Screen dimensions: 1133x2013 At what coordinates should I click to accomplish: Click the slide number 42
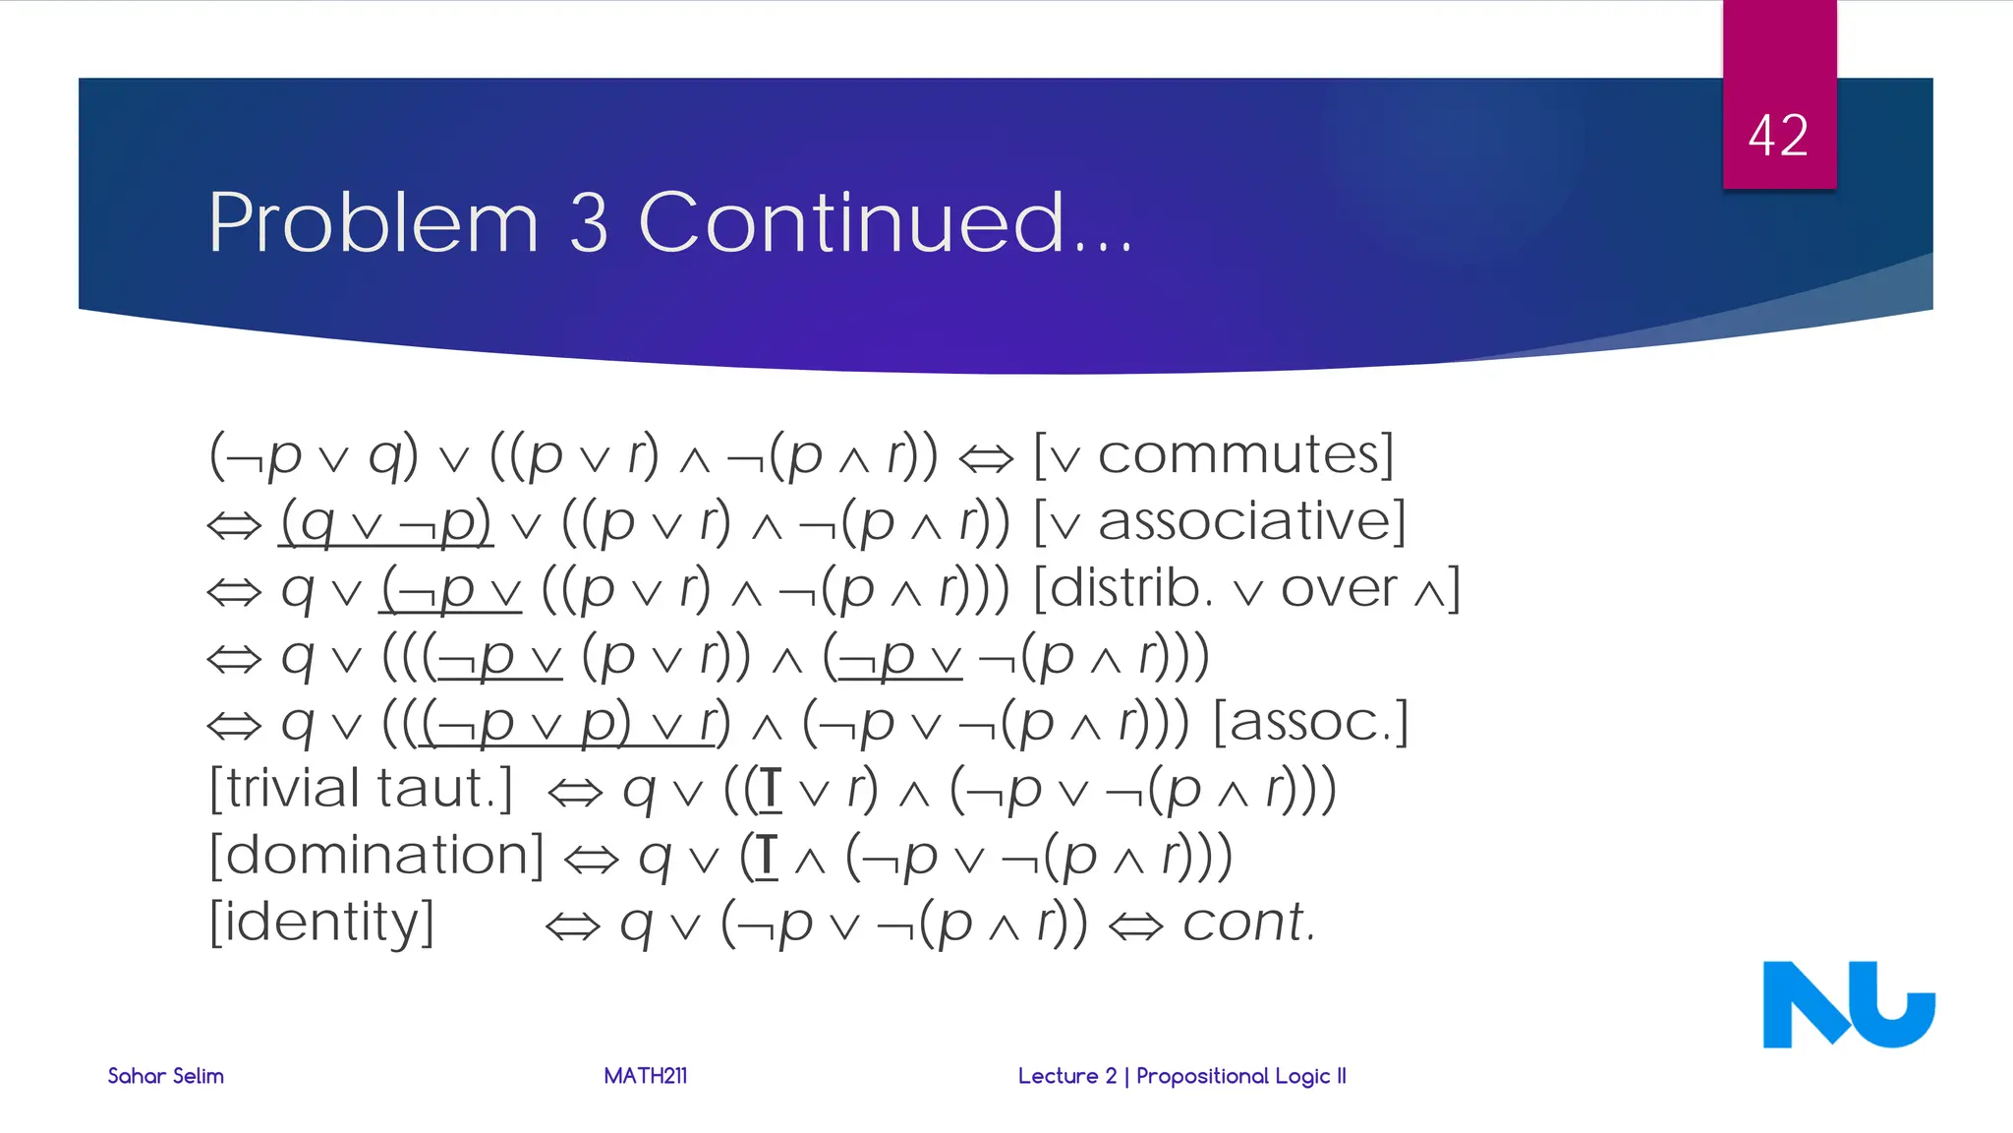tap(1778, 136)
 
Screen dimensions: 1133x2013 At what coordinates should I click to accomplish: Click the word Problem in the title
tap(374, 223)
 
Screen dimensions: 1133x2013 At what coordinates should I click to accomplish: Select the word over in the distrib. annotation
tap(1339, 590)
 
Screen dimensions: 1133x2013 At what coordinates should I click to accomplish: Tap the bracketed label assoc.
tap(1311, 723)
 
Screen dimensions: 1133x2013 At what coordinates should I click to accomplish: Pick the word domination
tap(376, 855)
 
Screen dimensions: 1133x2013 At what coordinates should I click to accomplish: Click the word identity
tap(321, 923)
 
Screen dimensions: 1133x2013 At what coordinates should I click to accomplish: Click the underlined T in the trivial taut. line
tap(772, 790)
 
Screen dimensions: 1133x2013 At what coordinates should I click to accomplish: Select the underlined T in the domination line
tap(768, 856)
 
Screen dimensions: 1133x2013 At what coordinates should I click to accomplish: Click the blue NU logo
tap(1848, 1004)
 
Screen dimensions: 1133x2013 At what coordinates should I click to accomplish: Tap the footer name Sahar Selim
tap(165, 1076)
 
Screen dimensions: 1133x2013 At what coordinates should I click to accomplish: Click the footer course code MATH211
tap(645, 1076)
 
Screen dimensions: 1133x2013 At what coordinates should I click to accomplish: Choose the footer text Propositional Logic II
tap(1240, 1076)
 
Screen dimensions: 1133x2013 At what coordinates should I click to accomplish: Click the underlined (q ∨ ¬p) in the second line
tap(385, 522)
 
